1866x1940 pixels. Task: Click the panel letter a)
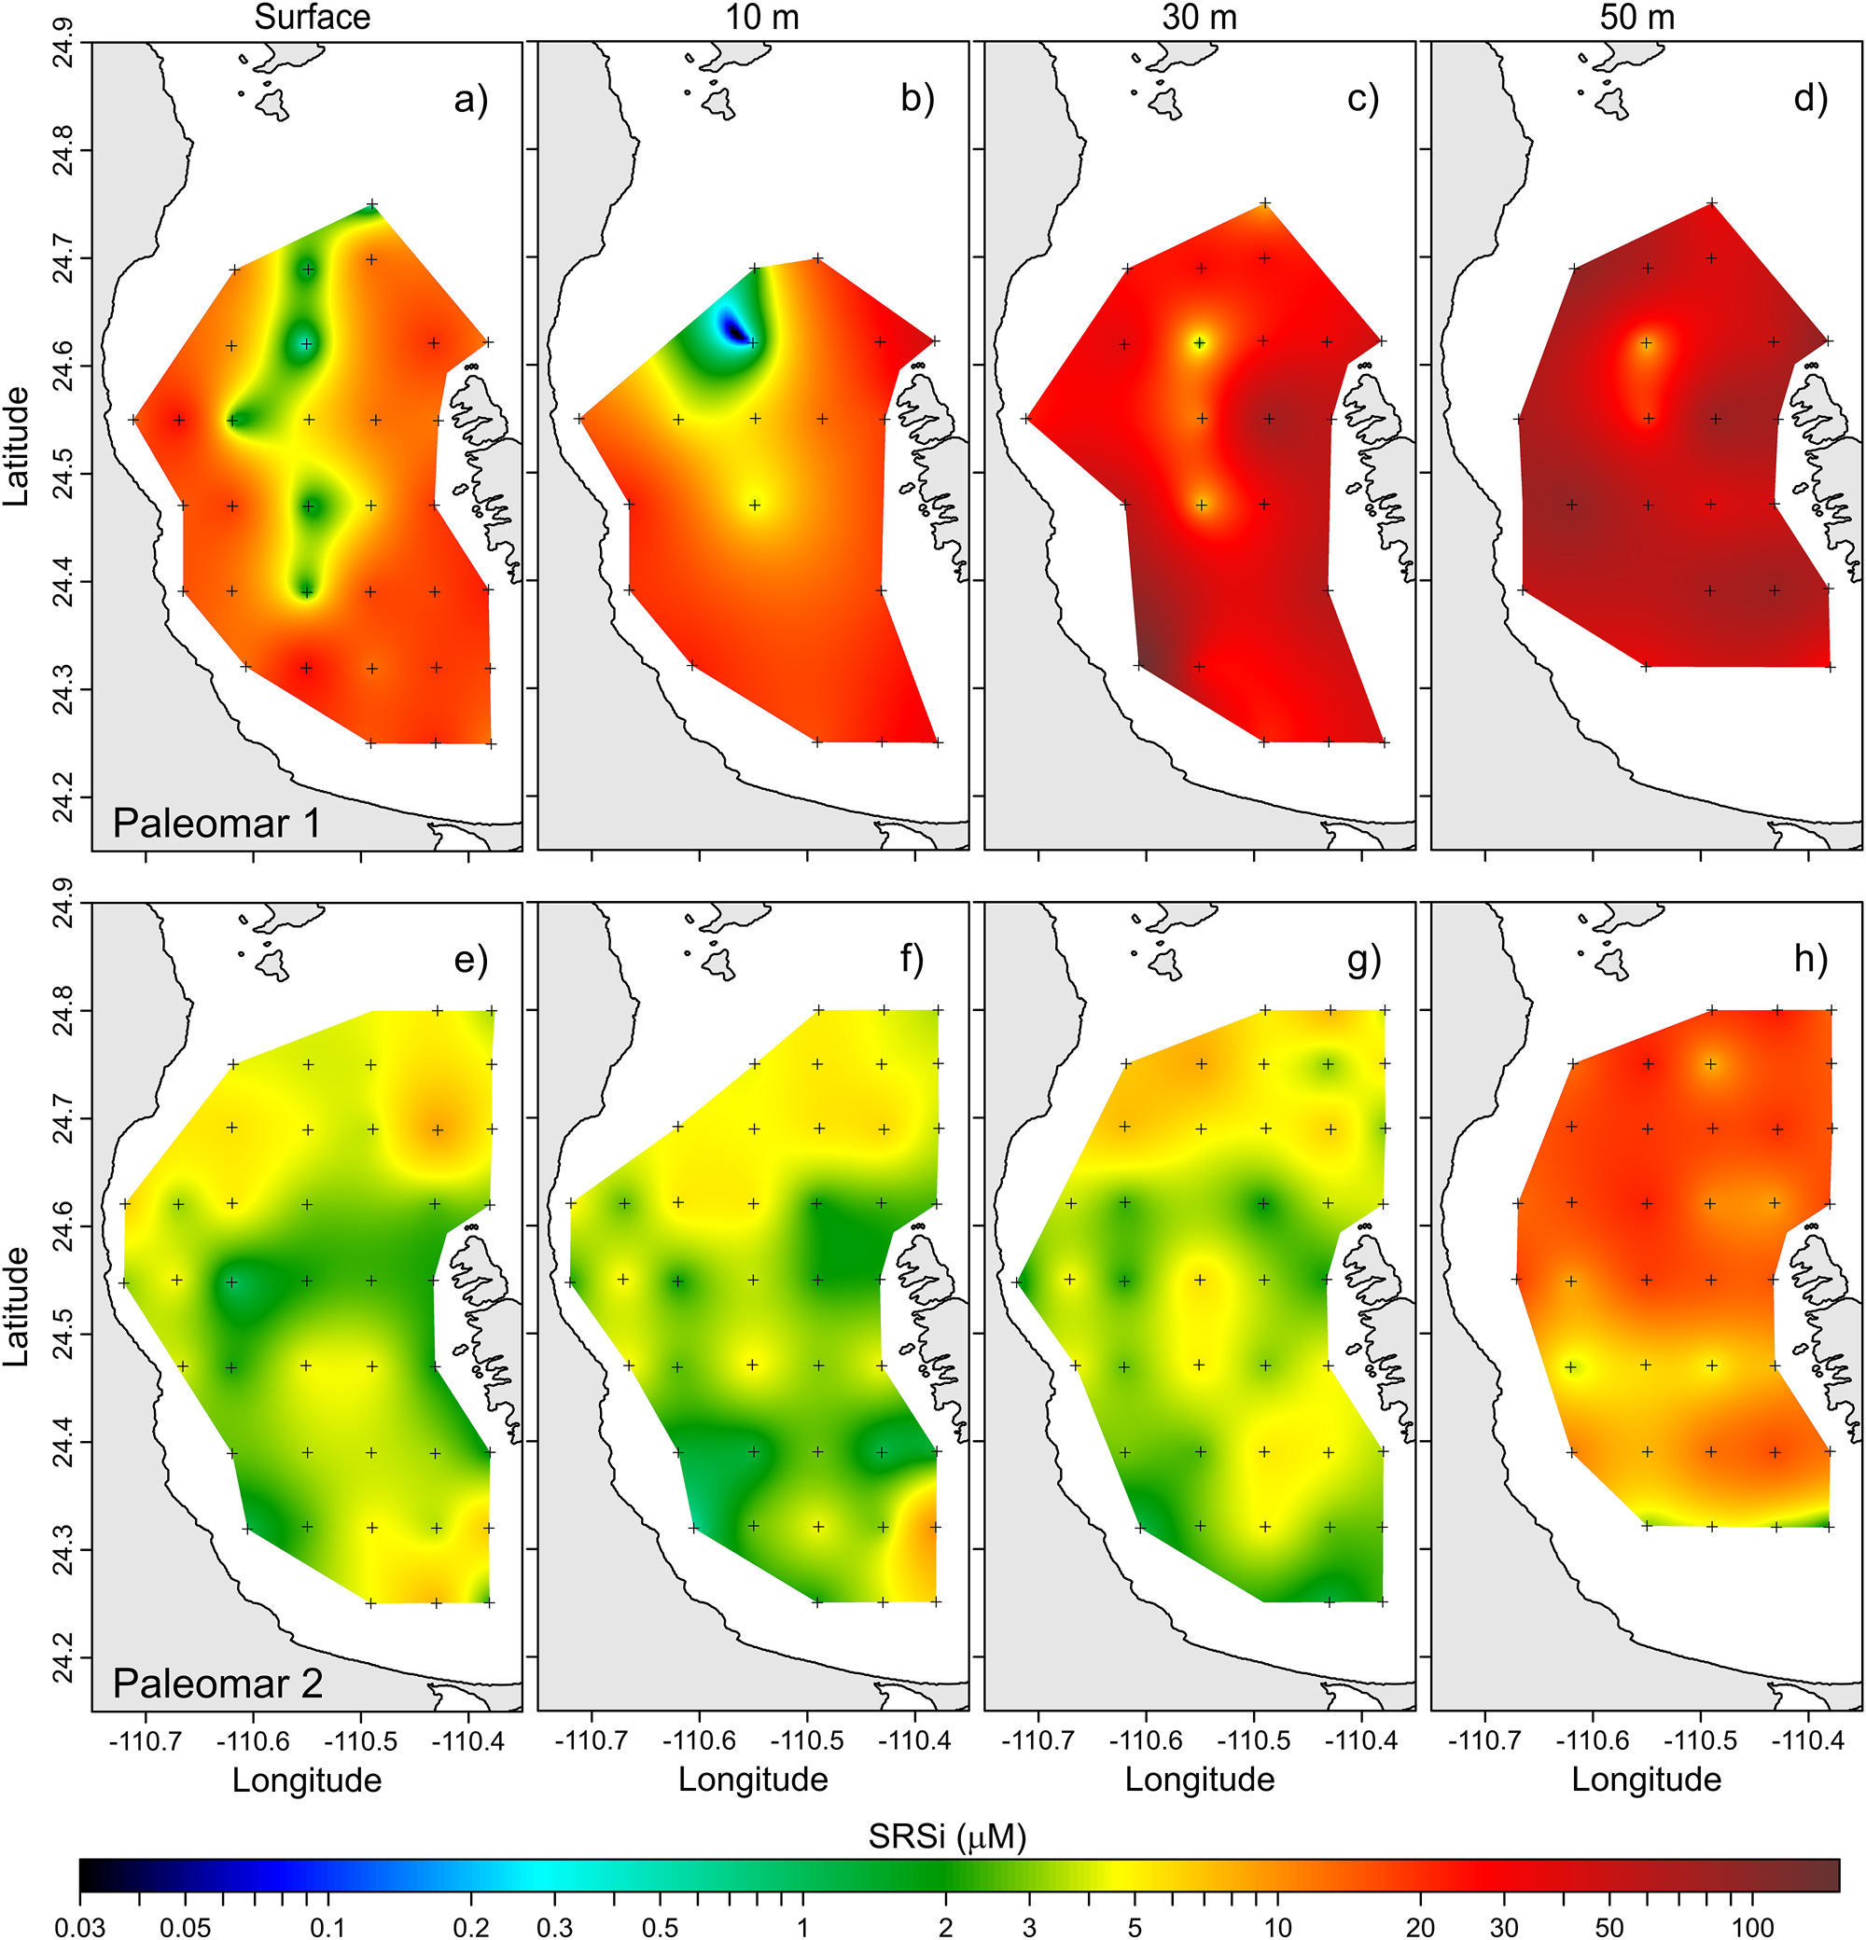tap(471, 99)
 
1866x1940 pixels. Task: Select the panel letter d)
tap(1811, 99)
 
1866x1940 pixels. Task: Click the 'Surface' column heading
tap(312, 18)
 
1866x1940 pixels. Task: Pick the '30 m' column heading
tap(1199, 18)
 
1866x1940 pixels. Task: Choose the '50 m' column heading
tap(1637, 18)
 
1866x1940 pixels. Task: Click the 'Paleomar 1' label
tap(216, 824)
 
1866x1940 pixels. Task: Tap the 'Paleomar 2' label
tap(217, 1684)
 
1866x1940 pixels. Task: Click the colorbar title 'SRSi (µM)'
tap(946, 1837)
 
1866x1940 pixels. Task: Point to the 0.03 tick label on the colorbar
tap(80, 1926)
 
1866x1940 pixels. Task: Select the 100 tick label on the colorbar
tap(1752, 1926)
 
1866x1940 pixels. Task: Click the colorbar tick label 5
tap(1135, 1926)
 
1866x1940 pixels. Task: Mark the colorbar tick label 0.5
tap(661, 1926)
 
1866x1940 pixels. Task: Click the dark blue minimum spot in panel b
tap(733, 327)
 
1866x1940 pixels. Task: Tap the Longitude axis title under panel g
tap(1200, 1779)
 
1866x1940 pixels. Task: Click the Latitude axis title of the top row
tap(16, 447)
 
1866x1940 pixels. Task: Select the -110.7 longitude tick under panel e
tap(146, 1740)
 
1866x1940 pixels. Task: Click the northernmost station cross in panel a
tap(372, 205)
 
